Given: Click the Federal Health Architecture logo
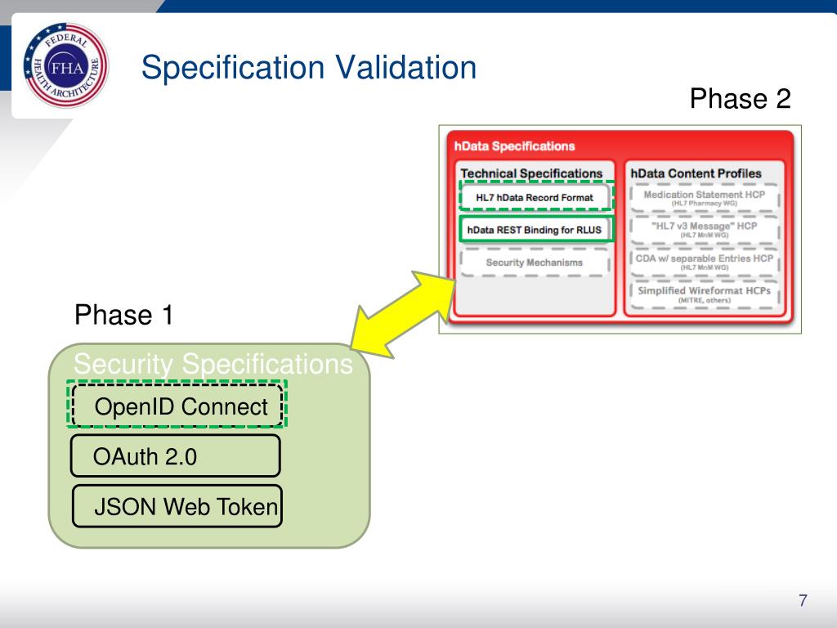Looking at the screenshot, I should click(66, 66).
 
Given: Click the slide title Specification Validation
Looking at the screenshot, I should click(308, 67).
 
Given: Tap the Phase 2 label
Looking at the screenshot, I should click(740, 99).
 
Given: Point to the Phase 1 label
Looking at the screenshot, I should click(123, 315).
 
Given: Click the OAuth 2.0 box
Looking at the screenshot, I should click(175, 456).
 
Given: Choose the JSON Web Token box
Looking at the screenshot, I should click(177, 507).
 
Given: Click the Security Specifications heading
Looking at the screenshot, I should click(213, 364).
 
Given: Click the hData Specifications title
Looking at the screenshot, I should click(514, 146).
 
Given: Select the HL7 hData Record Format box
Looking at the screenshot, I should click(535, 197).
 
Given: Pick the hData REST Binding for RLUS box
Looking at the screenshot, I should click(535, 230).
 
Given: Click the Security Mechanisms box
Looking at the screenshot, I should click(535, 262).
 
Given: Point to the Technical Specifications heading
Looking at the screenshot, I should click(531, 173).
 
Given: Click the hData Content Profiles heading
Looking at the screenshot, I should click(696, 173).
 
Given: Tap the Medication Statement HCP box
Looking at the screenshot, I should click(704, 198).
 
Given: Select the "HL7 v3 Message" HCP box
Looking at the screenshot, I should click(704, 229).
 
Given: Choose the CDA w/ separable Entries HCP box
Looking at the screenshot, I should click(704, 262).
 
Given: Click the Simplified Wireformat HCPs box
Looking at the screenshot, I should click(704, 294).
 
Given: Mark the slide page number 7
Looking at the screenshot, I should click(803, 601).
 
